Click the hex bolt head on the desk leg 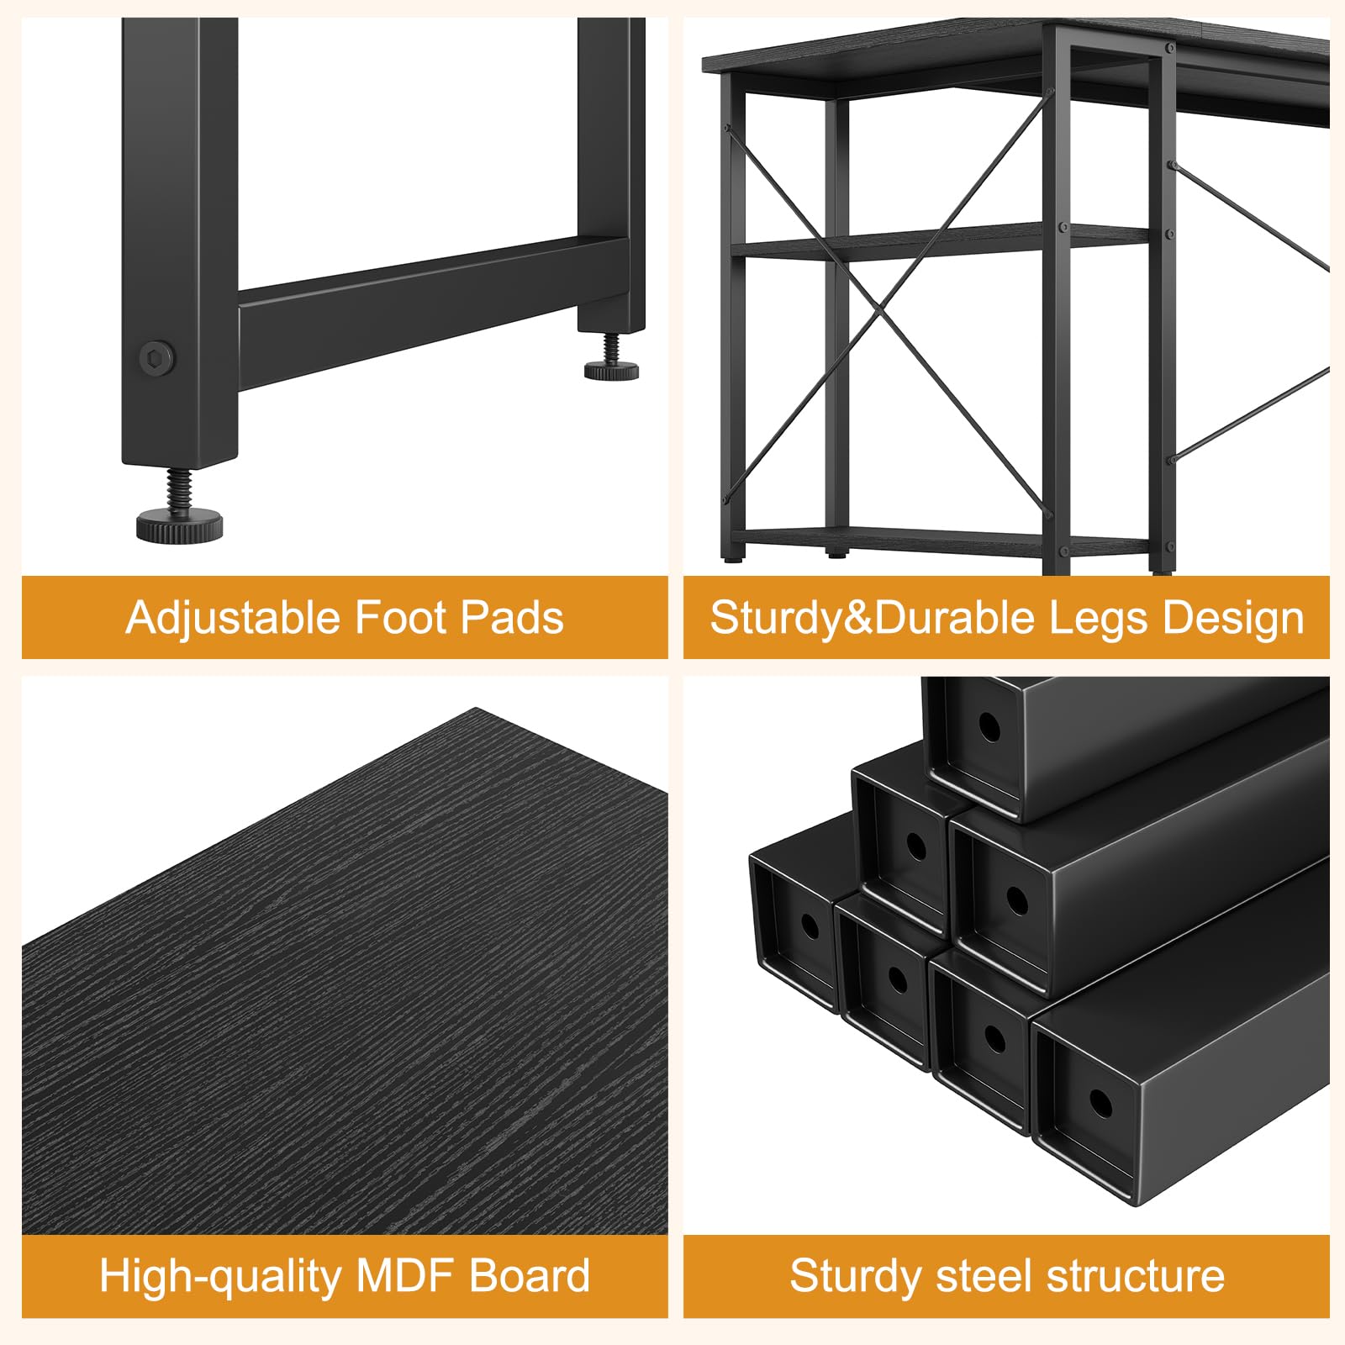157,359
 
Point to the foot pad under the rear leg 611,370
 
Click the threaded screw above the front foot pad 180,489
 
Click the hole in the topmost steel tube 989,728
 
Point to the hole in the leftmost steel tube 810,926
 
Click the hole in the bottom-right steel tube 1100,1102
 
